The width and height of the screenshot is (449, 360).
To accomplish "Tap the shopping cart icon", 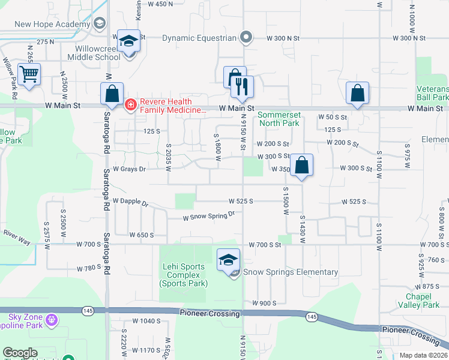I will (x=29, y=75).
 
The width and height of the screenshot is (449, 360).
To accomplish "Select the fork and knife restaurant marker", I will (x=243, y=87).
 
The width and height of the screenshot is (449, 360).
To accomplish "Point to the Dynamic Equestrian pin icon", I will (x=246, y=38).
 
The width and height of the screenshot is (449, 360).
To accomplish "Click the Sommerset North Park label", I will (x=279, y=119).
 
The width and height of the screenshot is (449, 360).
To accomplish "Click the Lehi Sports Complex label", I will (x=184, y=275).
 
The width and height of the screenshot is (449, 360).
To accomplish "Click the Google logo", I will (x=20, y=353).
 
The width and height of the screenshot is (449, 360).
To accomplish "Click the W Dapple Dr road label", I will (x=130, y=202).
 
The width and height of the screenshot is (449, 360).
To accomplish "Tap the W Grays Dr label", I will (x=129, y=169).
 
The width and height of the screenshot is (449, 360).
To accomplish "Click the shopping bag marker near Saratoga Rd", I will (x=112, y=94).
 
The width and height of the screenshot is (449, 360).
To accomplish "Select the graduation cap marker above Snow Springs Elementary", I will (x=228, y=260).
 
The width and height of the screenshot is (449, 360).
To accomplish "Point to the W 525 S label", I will (x=241, y=201).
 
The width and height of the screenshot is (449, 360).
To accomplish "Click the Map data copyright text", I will (x=423, y=355).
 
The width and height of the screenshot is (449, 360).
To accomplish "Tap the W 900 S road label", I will (x=264, y=303).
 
